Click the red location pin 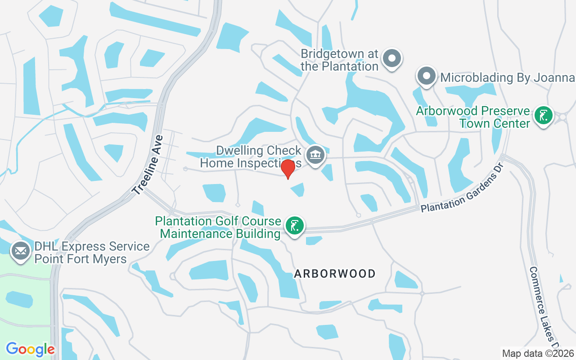[x=288, y=168]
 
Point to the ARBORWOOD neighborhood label [x=335, y=274]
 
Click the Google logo [x=30, y=349]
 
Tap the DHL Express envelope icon [x=21, y=251]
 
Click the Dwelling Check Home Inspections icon [x=315, y=155]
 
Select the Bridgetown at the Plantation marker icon [x=391, y=58]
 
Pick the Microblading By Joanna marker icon [x=426, y=76]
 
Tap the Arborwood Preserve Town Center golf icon [x=544, y=116]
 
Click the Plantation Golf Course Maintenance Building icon [x=294, y=226]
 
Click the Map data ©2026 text [x=538, y=353]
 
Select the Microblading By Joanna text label [x=507, y=77]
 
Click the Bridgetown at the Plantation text [x=339, y=60]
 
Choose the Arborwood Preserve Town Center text [x=472, y=117]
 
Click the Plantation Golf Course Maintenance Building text [x=218, y=227]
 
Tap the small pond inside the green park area [x=19, y=299]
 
